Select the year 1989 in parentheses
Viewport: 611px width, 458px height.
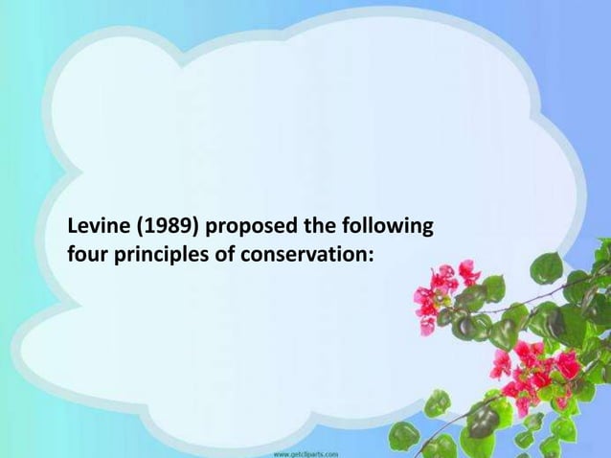tap(162, 229)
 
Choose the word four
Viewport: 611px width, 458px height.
tap(85, 257)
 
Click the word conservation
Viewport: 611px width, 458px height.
tap(302, 257)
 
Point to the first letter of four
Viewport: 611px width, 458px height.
tap(71, 257)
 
